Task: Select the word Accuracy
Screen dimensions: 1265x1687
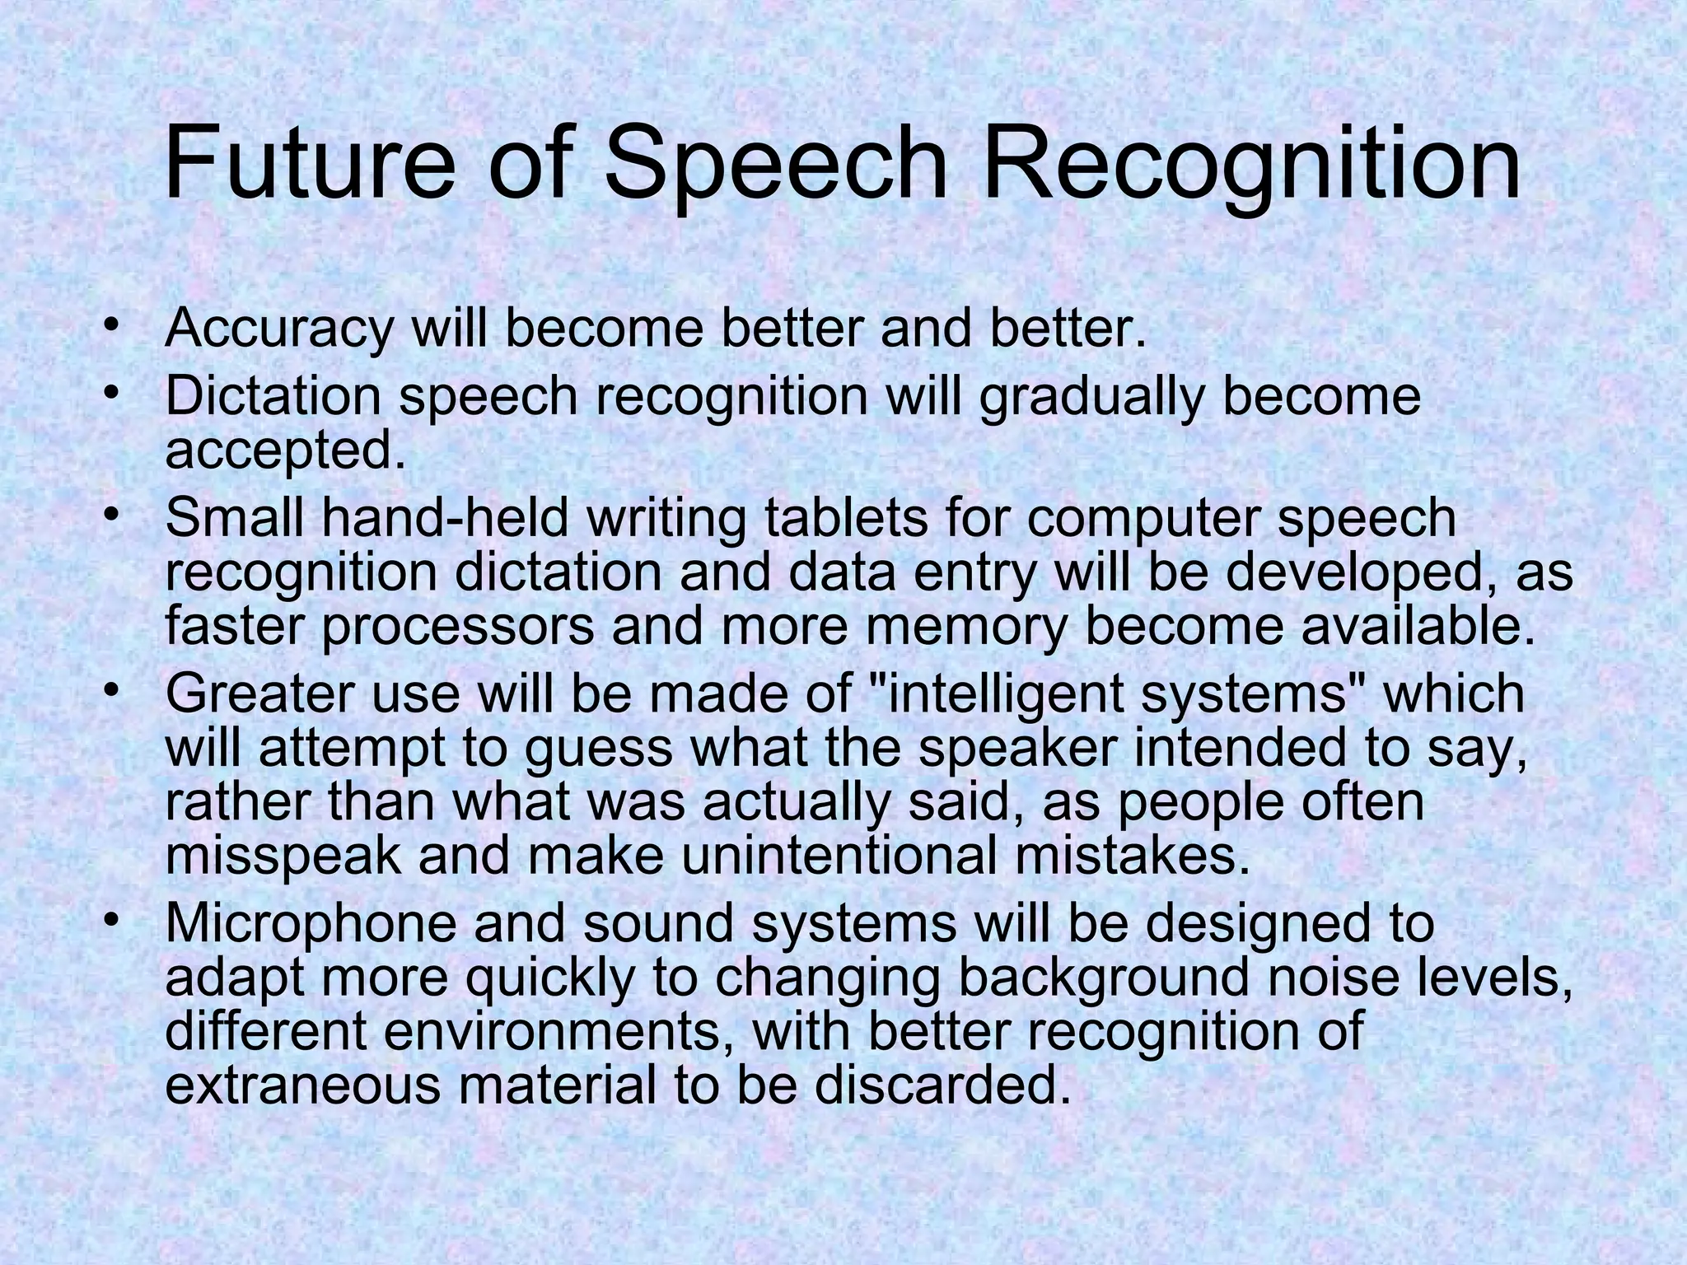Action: [279, 329]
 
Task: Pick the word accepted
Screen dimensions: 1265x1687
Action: [286, 452]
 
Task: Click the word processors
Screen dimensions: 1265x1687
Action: [457, 628]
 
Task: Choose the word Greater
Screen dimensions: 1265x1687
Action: [260, 693]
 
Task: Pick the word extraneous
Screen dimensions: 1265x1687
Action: [302, 1086]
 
